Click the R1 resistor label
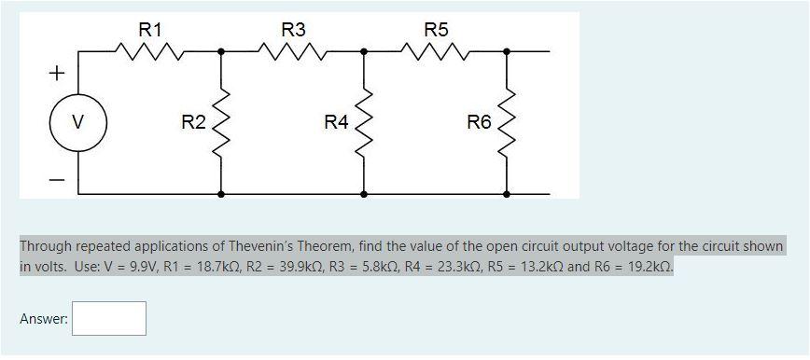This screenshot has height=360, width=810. pos(150,30)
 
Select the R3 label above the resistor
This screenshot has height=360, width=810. pos(293,30)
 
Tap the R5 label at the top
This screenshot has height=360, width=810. pos(436,30)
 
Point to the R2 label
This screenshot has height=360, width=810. pos(193,121)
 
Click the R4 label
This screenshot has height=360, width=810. pos(336,121)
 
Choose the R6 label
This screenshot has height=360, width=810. pos(479,121)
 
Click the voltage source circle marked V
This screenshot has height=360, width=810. pos(77,122)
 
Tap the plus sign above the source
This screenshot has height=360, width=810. pos(58,72)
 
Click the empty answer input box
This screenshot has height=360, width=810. pos(109,319)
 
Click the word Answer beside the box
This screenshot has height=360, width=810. pos(44,319)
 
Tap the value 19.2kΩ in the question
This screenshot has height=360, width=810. pos(643,267)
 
